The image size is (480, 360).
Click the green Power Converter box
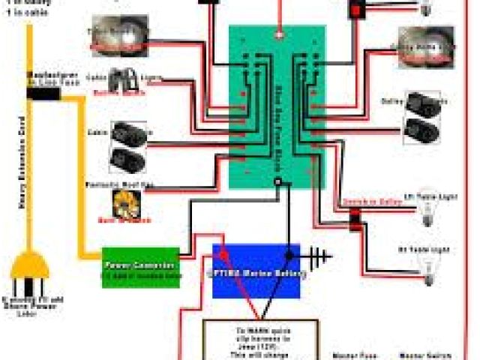point(141,266)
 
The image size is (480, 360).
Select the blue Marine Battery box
point(256,270)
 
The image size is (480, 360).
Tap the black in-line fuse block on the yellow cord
point(43,93)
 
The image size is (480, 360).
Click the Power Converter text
point(140,265)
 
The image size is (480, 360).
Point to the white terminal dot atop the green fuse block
point(279,34)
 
